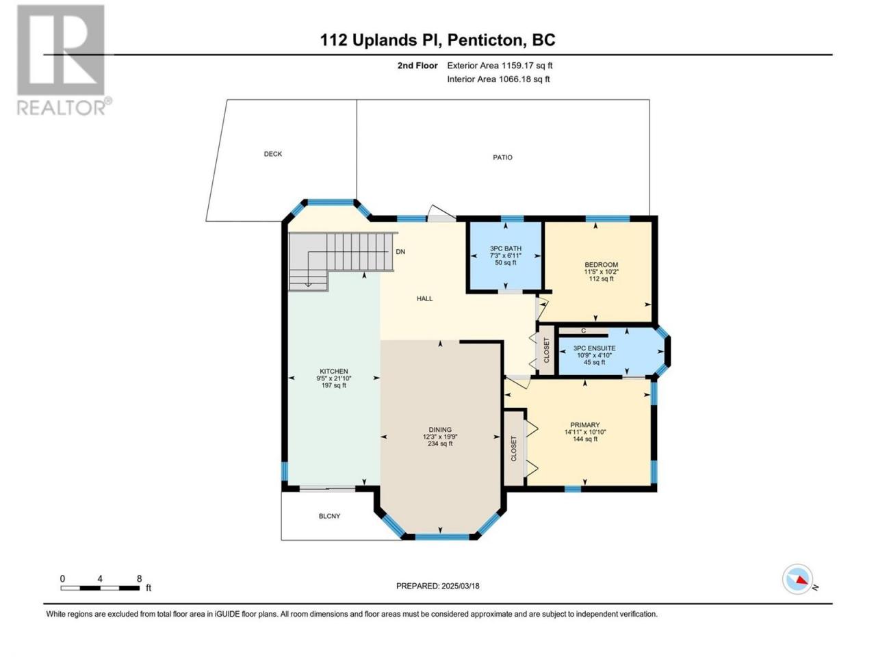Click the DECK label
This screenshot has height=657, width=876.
point(273,154)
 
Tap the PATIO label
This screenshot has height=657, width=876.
point(502,157)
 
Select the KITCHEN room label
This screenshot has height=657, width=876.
point(334,372)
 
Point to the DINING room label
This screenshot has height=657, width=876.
point(440,430)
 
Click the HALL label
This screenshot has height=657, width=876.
point(424,299)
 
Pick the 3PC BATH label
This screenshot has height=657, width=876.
point(506,248)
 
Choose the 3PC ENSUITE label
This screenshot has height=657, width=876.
point(594,348)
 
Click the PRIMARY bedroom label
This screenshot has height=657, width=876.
point(585,425)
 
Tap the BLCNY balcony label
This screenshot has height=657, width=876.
point(330,516)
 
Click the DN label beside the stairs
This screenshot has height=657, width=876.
point(400,252)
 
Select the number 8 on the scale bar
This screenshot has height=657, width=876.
point(140,579)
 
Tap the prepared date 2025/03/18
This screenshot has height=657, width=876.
point(460,586)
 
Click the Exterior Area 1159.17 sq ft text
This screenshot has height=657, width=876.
point(500,66)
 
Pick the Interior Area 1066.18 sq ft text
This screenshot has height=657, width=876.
point(498,79)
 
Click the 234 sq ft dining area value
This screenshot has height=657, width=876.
point(440,443)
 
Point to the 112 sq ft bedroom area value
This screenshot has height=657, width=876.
point(601,279)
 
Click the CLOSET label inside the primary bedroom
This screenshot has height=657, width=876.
point(514,449)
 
